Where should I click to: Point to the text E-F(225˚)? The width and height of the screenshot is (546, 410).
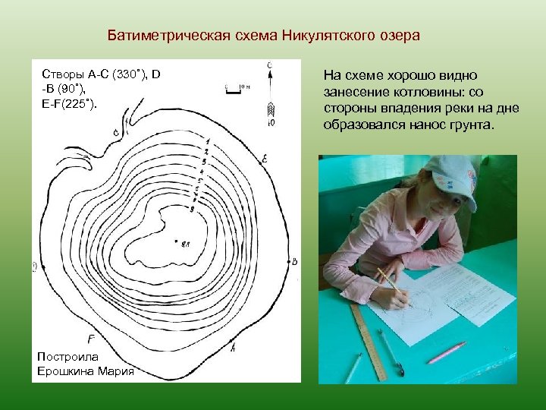coord(70,102)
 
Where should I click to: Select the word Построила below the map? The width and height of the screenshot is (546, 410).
coord(73,356)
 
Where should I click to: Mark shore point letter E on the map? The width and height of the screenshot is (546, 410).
coord(265,159)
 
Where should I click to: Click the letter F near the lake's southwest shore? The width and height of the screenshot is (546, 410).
coord(91,339)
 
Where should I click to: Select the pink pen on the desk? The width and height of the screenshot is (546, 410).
coord(445,352)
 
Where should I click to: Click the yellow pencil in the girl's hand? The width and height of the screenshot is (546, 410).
coord(390,280)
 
